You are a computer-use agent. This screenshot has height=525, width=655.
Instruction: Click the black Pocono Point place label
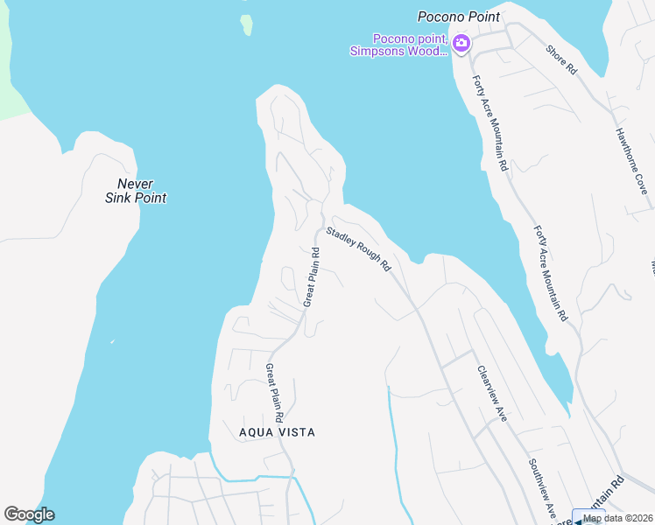459,17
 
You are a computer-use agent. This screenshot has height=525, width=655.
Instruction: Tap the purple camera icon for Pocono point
461,42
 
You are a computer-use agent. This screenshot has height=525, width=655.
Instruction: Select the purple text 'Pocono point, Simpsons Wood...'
399,45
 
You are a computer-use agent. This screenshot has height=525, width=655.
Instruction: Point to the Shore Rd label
561,59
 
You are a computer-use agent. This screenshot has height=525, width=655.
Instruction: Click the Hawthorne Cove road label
630,161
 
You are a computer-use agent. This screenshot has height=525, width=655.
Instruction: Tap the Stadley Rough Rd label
358,248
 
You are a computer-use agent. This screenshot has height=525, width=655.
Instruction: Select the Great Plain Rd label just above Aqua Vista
274,387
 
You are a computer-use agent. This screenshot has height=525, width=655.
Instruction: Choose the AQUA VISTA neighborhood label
277,432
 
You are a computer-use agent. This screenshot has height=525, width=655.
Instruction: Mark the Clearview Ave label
492,394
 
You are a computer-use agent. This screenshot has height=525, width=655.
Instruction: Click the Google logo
29,514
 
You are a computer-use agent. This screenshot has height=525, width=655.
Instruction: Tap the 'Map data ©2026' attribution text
618,518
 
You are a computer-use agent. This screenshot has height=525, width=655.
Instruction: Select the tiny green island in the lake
247,24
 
